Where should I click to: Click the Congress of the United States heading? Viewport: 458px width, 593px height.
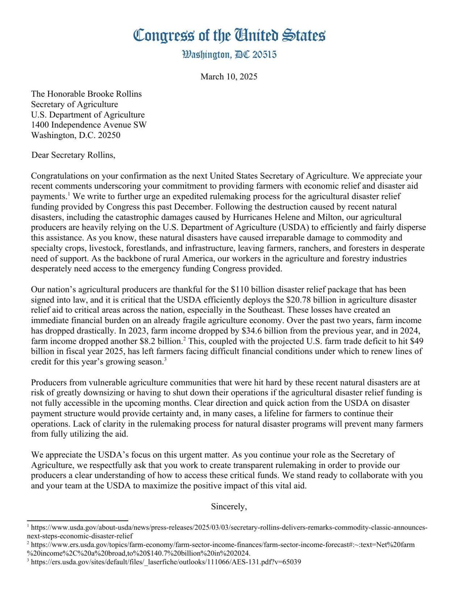coord(229,36)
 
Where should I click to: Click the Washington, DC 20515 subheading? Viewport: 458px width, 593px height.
coord(229,55)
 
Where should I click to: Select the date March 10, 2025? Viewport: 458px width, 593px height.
coord(229,76)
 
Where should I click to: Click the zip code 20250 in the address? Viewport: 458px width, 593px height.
coord(109,135)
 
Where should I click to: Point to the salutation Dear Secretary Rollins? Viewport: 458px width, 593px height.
coord(73,155)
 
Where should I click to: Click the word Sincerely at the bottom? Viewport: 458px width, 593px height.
coord(229,506)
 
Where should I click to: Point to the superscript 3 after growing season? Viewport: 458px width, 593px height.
coord(165,360)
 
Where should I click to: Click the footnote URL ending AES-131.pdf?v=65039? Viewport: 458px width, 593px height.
coord(166,562)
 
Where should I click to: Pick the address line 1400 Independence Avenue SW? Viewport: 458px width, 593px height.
coord(89,125)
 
